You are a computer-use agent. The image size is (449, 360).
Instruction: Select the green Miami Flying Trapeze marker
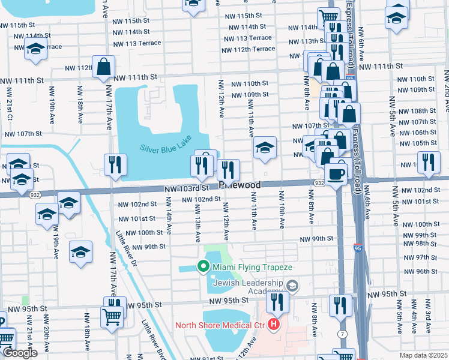(x=203, y=266)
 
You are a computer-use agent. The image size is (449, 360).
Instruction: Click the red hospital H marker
(x=274, y=326)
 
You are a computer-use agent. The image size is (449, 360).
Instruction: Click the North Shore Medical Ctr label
(x=220, y=326)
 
